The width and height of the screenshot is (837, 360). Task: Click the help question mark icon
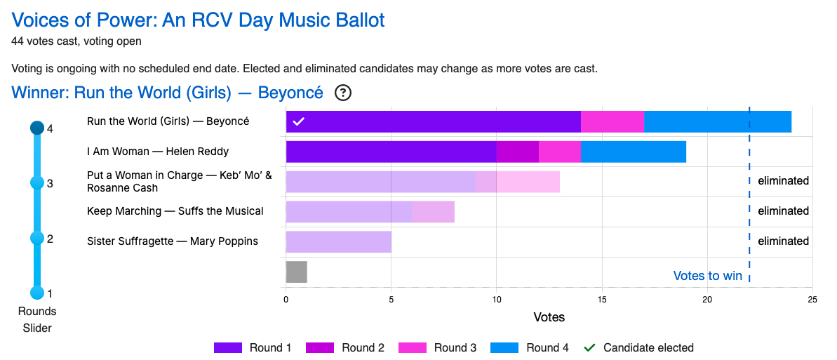pos(343,93)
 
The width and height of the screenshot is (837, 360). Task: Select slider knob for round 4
pos(37,128)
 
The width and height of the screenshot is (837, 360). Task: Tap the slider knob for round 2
pos(37,238)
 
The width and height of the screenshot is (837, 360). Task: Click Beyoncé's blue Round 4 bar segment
pos(717,121)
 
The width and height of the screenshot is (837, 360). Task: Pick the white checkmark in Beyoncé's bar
pos(298,121)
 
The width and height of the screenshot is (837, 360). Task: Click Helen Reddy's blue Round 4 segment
pos(633,152)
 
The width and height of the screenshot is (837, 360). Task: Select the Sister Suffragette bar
pos(338,241)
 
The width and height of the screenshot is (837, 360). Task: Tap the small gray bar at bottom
pos(296,272)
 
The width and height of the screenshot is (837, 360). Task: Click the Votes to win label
pos(707,276)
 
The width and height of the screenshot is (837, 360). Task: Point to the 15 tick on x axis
pos(602,300)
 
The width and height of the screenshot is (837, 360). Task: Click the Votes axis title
pos(549,317)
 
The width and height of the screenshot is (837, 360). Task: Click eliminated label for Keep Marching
pos(783,211)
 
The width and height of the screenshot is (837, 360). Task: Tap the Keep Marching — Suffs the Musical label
pos(175,211)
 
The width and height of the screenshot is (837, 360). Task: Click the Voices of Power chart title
pos(198,20)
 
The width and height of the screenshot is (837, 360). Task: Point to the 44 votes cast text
pos(76,41)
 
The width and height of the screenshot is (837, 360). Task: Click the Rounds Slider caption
pos(37,319)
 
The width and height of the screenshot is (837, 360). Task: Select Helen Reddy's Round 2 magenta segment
pos(517,152)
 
